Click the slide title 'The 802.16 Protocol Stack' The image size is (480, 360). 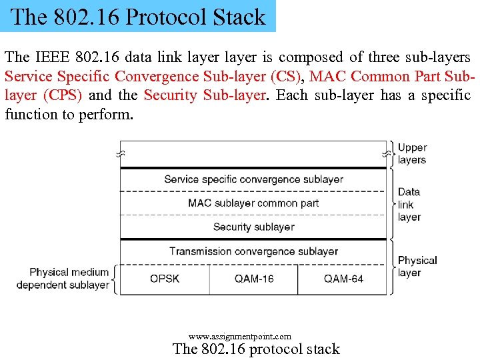pyautogui.click(x=138, y=17)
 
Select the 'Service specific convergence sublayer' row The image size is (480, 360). pyautogui.click(x=253, y=179)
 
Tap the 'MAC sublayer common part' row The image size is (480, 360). pyautogui.click(x=253, y=203)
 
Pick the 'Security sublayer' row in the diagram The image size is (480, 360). pyautogui.click(x=253, y=227)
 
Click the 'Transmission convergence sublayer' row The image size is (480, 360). pyautogui.click(x=253, y=251)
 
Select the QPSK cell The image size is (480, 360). pyautogui.click(x=165, y=279)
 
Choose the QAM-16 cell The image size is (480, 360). pyautogui.click(x=254, y=279)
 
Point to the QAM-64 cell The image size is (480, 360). pyautogui.click(x=343, y=279)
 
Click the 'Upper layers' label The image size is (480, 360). pyautogui.click(x=412, y=154)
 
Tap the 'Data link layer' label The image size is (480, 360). pyautogui.click(x=409, y=204)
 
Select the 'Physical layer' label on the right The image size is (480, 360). pyautogui.click(x=417, y=266)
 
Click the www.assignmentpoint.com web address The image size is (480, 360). pyautogui.click(x=240, y=337)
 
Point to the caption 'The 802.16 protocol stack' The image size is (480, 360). pyautogui.click(x=256, y=349)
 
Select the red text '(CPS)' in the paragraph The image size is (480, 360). pyautogui.click(x=63, y=95)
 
